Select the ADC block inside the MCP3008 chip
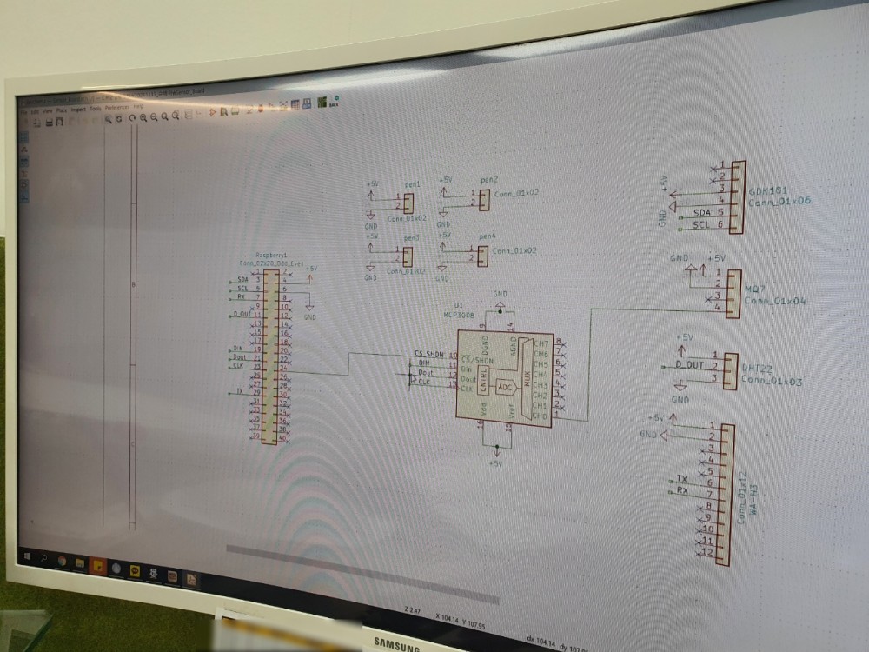tap(504, 388)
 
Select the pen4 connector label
tap(487, 236)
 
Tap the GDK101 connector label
tap(767, 190)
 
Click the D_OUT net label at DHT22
tap(689, 365)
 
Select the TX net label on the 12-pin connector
tap(682, 479)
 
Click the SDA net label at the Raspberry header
tap(242, 280)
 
